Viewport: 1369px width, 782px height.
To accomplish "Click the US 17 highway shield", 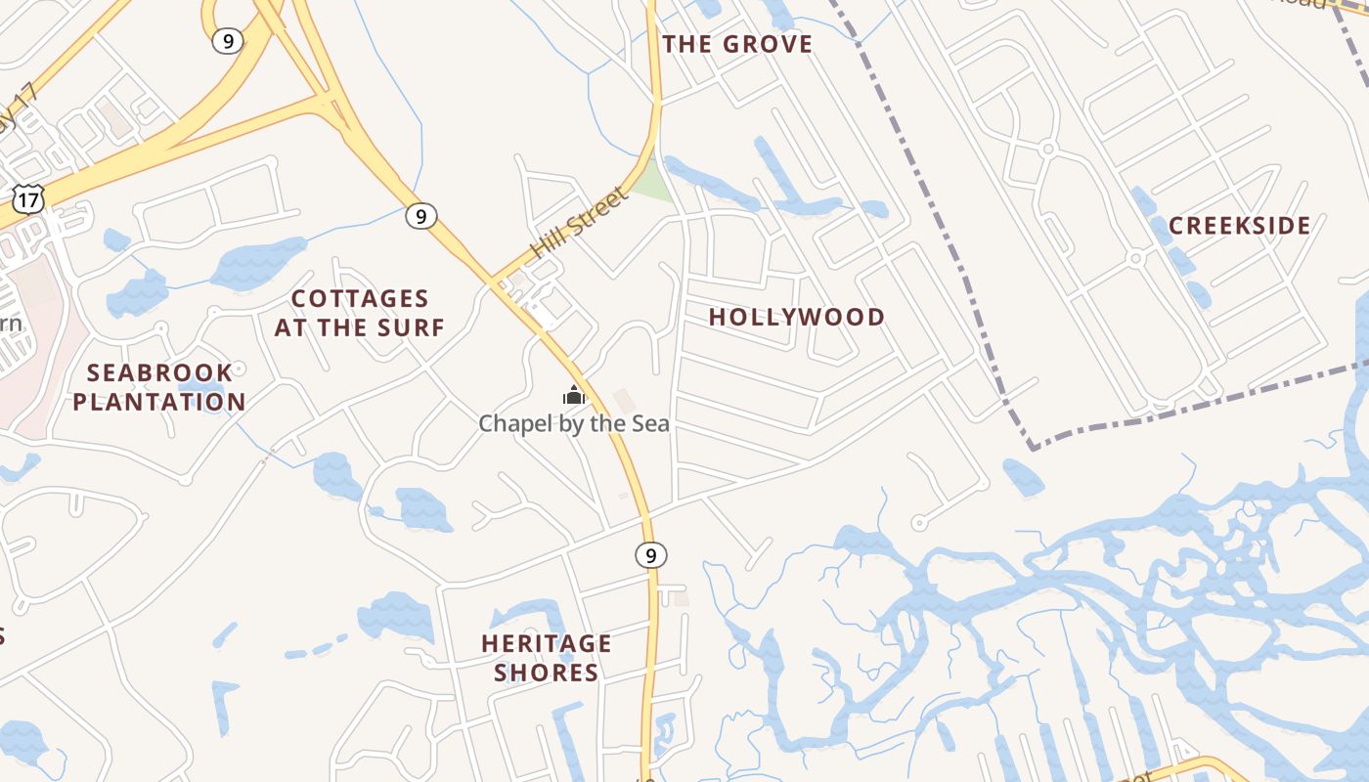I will click(x=28, y=199).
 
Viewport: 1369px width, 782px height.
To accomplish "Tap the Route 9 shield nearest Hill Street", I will click(x=420, y=216).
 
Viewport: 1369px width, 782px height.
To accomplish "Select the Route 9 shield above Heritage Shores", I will click(x=650, y=555).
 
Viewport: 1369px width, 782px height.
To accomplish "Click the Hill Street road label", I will click(x=579, y=223).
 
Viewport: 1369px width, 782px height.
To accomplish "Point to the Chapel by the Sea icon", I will click(x=573, y=395).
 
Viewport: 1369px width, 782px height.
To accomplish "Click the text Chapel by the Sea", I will click(x=574, y=423).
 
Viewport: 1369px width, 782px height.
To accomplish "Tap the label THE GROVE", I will click(x=737, y=44).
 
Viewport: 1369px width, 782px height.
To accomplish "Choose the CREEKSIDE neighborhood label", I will click(x=1239, y=226).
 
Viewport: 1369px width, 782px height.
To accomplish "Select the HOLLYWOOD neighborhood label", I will click(x=796, y=317).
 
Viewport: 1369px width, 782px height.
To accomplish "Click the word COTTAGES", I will click(x=360, y=298).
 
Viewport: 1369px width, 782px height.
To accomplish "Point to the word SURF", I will click(x=413, y=327).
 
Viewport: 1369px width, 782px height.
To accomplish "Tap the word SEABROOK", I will click(x=159, y=372).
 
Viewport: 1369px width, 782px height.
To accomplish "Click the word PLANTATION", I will click(x=159, y=402).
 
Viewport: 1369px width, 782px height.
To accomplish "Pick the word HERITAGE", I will click(x=546, y=643).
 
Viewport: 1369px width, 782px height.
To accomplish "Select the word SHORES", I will click(x=546, y=673).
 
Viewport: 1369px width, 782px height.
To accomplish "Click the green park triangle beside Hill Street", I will click(x=653, y=182).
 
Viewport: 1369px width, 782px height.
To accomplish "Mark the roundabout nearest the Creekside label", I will click(x=1135, y=259).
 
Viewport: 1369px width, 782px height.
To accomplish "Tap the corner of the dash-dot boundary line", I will click(x=1033, y=448).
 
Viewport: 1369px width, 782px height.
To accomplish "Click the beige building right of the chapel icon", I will click(x=624, y=401).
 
